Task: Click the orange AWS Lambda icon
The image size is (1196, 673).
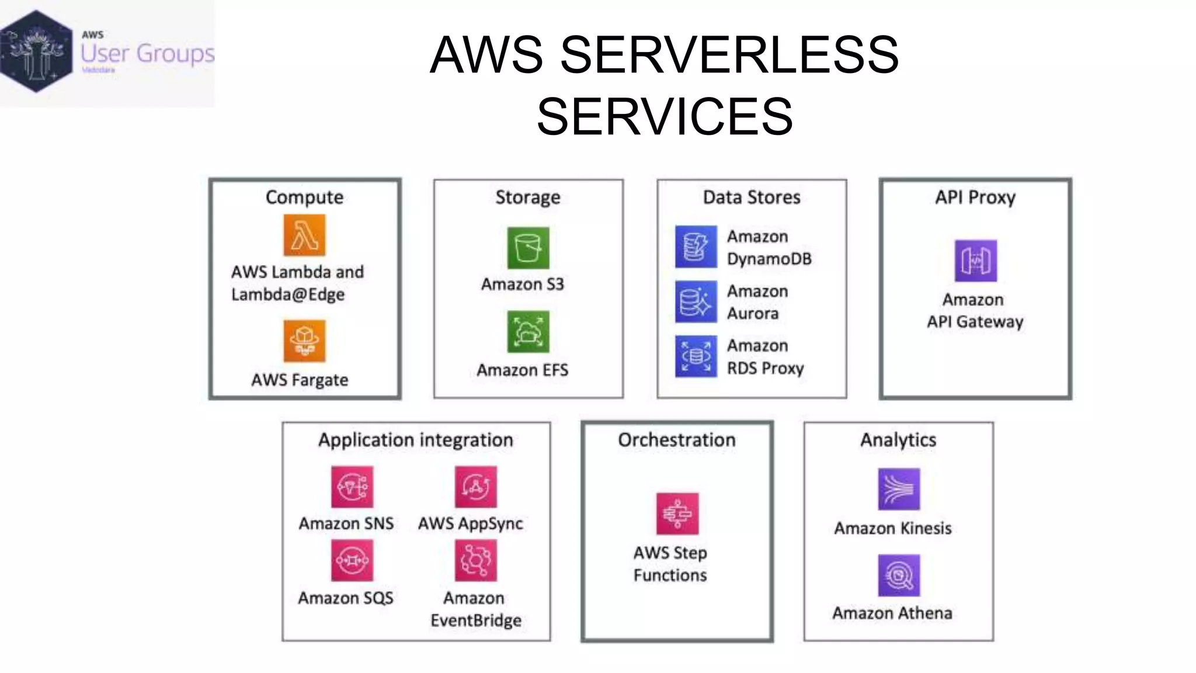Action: pyautogui.click(x=304, y=235)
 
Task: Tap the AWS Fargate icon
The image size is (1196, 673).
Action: pyautogui.click(x=304, y=341)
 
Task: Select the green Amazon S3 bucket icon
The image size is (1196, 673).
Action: pyautogui.click(x=528, y=248)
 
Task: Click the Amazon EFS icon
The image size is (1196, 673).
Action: pyautogui.click(x=528, y=332)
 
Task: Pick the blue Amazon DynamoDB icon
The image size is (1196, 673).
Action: pyautogui.click(x=696, y=247)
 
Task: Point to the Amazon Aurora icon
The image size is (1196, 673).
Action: pyautogui.click(x=696, y=301)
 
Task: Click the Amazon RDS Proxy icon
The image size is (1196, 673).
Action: pyautogui.click(x=696, y=356)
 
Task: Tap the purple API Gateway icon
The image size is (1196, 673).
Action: pyautogui.click(x=975, y=261)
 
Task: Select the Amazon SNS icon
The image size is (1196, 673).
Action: pyautogui.click(x=352, y=487)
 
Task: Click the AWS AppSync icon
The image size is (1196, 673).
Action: pyautogui.click(x=475, y=487)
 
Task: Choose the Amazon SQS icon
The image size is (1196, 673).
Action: pyautogui.click(x=352, y=560)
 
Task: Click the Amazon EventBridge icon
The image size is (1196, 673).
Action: pyautogui.click(x=475, y=560)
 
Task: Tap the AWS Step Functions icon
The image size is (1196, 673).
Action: pyautogui.click(x=677, y=514)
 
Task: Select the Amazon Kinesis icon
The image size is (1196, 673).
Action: pyautogui.click(x=899, y=489)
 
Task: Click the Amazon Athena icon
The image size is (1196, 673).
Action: pyautogui.click(x=899, y=575)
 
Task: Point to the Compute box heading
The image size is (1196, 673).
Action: pyautogui.click(x=304, y=197)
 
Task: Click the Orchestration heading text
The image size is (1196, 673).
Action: pyautogui.click(x=677, y=440)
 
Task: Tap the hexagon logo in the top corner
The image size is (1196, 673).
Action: pyautogui.click(x=36, y=51)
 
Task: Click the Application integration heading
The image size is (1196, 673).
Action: pyautogui.click(x=415, y=440)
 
